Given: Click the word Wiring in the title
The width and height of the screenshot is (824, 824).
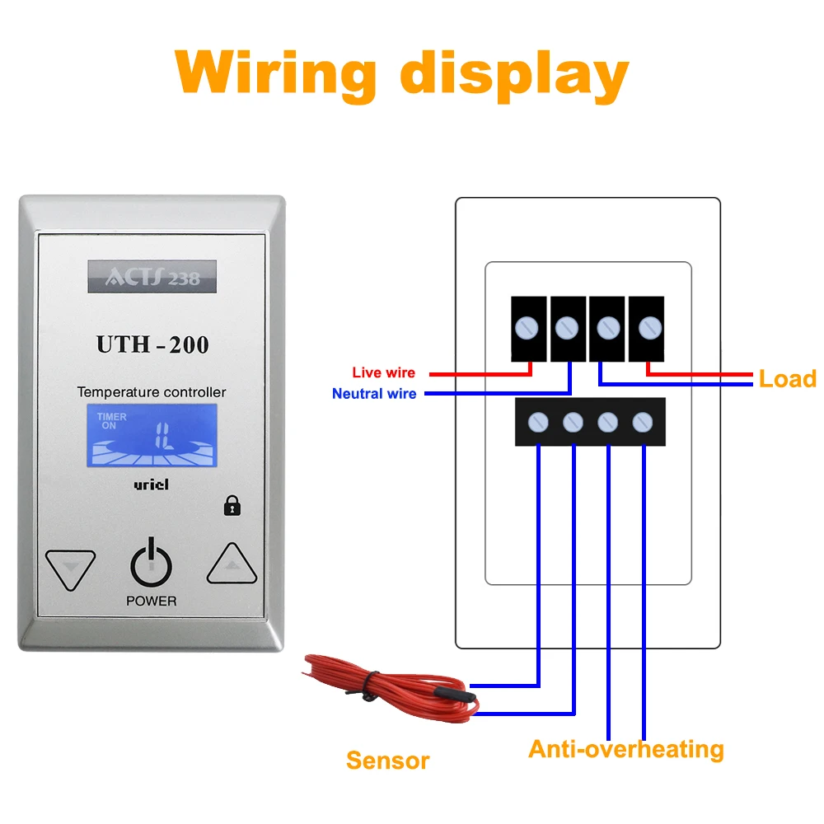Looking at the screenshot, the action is (x=275, y=75).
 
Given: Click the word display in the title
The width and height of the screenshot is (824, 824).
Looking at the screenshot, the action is (x=514, y=75).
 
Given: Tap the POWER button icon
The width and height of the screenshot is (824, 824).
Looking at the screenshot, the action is (x=152, y=562).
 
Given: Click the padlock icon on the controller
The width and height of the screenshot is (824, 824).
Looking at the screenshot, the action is (x=232, y=506).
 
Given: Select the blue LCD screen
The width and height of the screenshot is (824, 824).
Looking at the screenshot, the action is (x=152, y=435).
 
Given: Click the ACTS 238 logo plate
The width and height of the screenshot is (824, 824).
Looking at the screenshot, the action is (x=152, y=276).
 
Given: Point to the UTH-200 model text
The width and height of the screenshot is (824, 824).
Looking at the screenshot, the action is (x=152, y=344).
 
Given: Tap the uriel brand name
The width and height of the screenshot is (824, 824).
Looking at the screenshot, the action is (x=152, y=484).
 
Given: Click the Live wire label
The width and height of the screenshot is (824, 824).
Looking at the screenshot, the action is (x=384, y=372).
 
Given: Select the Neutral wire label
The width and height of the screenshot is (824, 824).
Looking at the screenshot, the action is (x=374, y=394).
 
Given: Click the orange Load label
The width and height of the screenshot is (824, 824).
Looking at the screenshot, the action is (x=788, y=379).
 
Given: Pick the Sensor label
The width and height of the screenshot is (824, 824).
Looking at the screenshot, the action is (x=388, y=761).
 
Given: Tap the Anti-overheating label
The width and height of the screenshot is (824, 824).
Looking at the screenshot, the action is (x=626, y=750).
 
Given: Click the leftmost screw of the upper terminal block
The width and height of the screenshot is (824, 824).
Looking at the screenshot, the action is (x=527, y=328).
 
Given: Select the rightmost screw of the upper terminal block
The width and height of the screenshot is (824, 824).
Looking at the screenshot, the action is (x=650, y=328).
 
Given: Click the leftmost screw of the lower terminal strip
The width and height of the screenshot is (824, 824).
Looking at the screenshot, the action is (x=538, y=422).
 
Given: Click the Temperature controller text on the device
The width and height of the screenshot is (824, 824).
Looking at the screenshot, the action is (x=152, y=392).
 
